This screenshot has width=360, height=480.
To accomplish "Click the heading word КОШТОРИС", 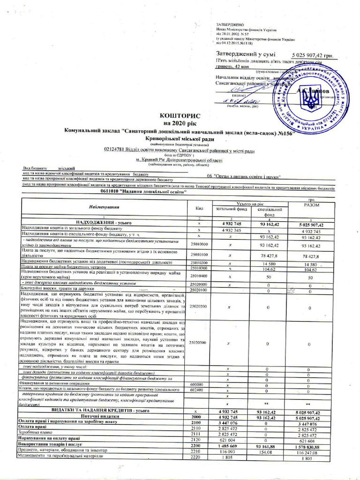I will click(180, 115).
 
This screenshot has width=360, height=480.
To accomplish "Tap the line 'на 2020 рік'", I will click(180, 122).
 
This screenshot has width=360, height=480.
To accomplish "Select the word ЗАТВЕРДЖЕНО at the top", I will click(231, 23).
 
